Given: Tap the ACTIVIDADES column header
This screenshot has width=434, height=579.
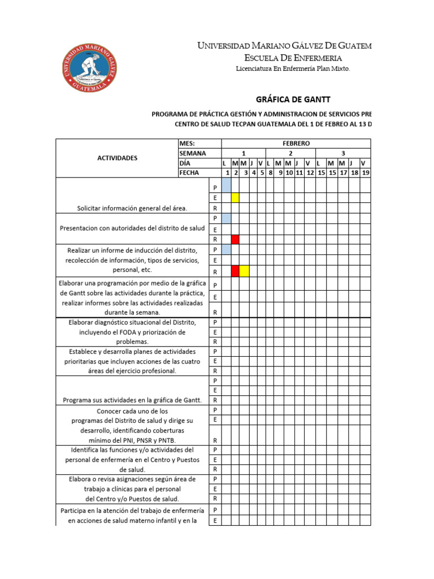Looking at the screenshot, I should coord(118,158).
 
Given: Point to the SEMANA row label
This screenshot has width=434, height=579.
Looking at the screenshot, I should coord(193,153).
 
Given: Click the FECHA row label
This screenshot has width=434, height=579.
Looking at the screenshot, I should coord(189,172).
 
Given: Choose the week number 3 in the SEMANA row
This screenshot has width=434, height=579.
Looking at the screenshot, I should coord(343,153).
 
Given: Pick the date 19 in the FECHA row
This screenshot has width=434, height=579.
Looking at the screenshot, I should coord(365,172).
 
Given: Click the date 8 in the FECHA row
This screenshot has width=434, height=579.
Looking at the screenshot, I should coord(271,172).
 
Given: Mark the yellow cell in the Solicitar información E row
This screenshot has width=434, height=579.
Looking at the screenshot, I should coord(235,197).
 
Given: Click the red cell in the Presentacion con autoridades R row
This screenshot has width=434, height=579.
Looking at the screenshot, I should coord(235,239).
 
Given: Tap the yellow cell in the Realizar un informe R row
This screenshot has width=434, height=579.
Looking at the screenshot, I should coord(244,271).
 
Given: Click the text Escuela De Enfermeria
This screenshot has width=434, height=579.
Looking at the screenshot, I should coord(293,58).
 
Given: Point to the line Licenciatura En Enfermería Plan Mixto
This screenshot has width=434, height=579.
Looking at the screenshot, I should coord(293,68).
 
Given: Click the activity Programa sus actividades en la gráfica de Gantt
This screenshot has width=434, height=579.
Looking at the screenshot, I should coord(132,400).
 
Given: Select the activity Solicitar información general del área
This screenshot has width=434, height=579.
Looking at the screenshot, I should coord(132,208).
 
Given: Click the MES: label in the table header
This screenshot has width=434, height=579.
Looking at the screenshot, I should coord(187,144).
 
